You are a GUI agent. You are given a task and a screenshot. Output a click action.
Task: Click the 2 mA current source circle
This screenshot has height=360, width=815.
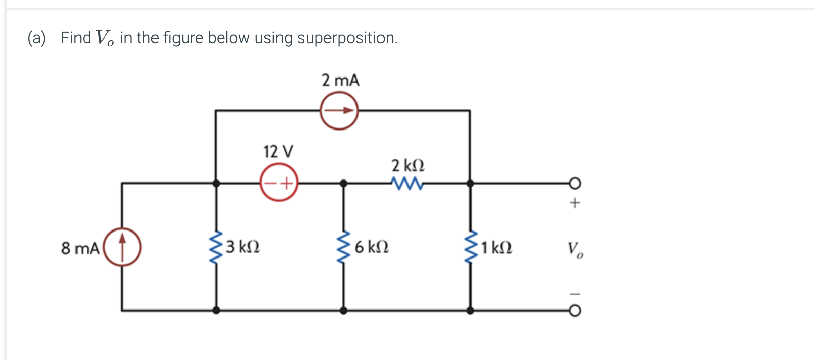339,110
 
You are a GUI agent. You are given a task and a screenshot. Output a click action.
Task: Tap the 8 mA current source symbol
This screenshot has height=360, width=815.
122,247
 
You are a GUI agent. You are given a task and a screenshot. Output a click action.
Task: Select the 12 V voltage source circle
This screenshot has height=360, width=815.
279,183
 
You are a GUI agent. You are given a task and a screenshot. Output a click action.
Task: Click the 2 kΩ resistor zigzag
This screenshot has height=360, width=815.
407,183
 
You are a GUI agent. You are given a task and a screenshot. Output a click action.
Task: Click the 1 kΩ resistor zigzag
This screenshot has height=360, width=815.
470,247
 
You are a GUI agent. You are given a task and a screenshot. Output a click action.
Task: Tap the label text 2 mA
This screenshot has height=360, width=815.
340,81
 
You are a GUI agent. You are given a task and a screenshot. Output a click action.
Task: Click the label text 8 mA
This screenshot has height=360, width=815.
80,248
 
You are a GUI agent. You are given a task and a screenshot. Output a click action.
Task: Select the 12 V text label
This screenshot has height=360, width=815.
278,151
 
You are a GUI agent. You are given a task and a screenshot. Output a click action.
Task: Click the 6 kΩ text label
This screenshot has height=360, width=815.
371,247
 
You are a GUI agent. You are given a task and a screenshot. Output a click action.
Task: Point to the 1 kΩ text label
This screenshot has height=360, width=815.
496,248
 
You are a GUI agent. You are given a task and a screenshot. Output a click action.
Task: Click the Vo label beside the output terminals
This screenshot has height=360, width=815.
575,249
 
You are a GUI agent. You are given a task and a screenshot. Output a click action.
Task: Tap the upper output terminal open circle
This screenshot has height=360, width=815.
575,183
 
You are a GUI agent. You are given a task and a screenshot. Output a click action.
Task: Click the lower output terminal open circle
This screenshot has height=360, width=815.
575,311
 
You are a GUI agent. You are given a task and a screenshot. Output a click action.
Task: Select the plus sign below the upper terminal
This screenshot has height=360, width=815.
575,203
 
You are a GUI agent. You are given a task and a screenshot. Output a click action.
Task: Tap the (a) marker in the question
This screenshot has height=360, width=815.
37,38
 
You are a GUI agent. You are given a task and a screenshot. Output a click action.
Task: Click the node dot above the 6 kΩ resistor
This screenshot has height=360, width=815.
344,183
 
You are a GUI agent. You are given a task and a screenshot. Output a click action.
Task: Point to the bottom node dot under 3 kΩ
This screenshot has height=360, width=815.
216,310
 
